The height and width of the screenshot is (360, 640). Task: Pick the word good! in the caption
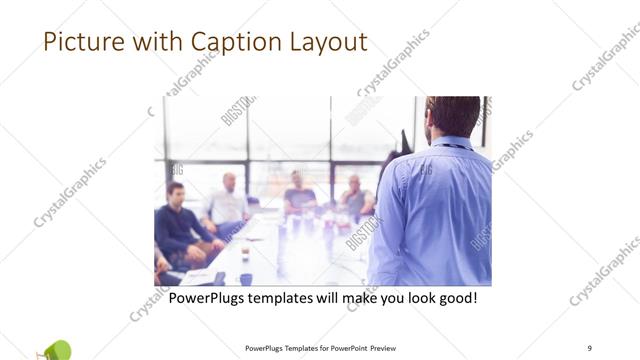[x=454, y=298]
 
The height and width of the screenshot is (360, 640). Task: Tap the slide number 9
[x=590, y=346]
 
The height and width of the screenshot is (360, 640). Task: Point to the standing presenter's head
[x=452, y=116]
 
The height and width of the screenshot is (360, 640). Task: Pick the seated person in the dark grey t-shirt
[x=298, y=196]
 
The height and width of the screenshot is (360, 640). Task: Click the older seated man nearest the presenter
[x=354, y=198]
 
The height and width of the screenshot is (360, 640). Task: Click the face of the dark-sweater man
[x=176, y=192]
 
